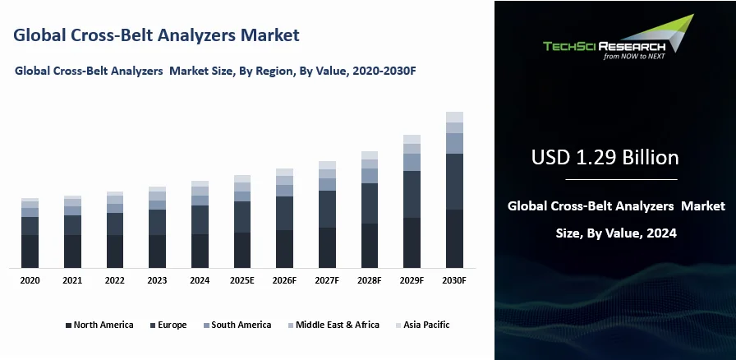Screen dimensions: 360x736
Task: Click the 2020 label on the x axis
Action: tap(30, 280)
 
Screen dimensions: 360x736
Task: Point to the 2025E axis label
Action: tap(241, 280)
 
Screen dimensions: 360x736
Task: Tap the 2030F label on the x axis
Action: tap(454, 280)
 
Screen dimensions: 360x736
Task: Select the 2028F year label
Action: tap(370, 280)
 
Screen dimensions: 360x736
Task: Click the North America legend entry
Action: tap(99, 325)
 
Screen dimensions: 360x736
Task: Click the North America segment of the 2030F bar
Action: tap(454, 238)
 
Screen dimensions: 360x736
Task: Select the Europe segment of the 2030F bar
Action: tap(454, 182)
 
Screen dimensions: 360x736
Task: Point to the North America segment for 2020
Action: tap(30, 251)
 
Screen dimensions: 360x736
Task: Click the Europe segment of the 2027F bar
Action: tap(327, 209)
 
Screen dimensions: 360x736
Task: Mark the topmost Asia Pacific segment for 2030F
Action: tap(454, 117)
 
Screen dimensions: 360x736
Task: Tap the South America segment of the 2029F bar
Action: tap(412, 162)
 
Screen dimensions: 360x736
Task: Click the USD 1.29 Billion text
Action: tap(605, 156)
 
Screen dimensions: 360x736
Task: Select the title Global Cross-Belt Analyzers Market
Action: tap(156, 35)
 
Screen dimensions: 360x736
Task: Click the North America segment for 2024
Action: tap(200, 251)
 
